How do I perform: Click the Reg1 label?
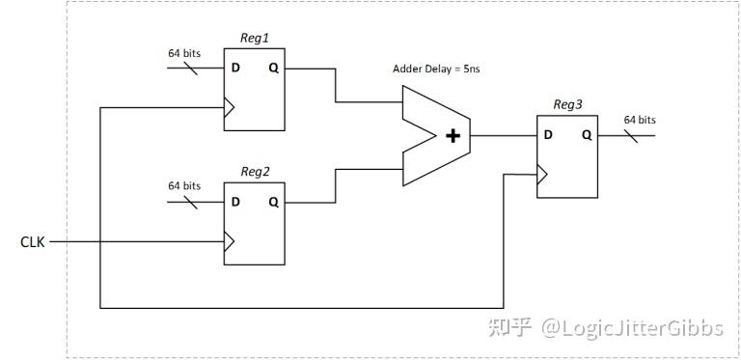point(254,37)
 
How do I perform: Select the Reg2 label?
point(254,171)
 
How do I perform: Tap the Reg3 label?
point(567,103)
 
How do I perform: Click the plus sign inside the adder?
point(452,136)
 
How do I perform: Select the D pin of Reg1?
point(234,69)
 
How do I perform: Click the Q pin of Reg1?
point(273,69)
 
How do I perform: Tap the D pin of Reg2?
point(234,203)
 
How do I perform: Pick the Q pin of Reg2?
point(273,203)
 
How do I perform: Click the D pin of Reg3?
point(547,135)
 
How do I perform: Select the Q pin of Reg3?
point(586,135)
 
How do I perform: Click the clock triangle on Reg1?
point(230,106)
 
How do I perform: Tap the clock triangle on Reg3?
point(542,174)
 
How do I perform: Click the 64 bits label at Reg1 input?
point(184,52)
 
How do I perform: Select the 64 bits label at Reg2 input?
point(184,185)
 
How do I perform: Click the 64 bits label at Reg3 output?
point(640,120)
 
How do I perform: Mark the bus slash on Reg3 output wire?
point(636,135)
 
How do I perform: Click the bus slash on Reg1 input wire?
point(188,69)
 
